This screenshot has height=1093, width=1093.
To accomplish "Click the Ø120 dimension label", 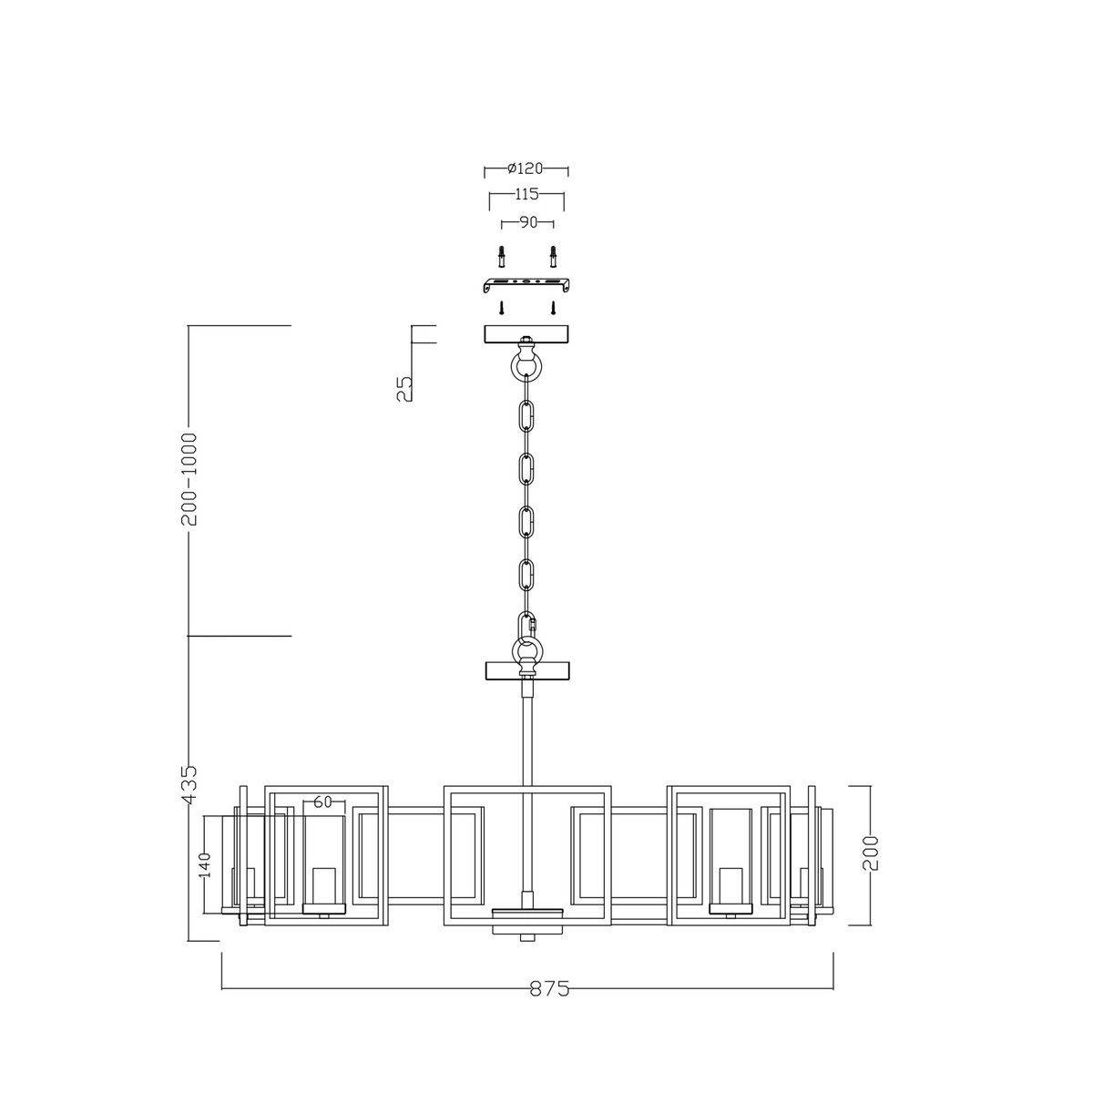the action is point(526,169).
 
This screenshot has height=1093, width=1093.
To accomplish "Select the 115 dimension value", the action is point(526,194).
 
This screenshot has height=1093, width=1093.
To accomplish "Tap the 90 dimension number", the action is point(527,223).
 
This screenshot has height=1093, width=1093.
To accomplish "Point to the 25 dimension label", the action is point(403,389).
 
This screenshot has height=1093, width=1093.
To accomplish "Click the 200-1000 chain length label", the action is point(189,479).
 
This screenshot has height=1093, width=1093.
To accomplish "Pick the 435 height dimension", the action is point(189,784).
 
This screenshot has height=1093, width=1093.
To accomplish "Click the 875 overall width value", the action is point(549,1005).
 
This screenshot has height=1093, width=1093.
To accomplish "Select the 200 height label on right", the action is point(870,853).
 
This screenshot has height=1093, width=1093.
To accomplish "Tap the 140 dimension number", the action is point(205,865).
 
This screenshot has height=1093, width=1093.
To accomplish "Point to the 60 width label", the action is point(322,802).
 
